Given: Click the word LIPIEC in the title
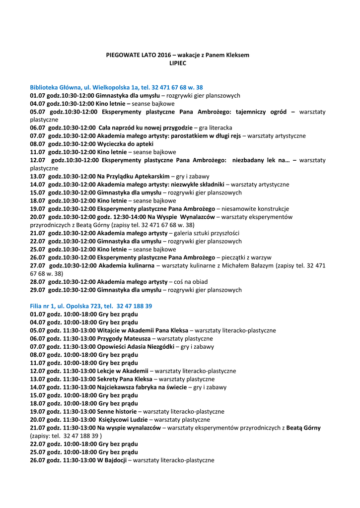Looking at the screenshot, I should click(178, 63).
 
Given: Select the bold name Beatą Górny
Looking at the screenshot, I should click(303, 428).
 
